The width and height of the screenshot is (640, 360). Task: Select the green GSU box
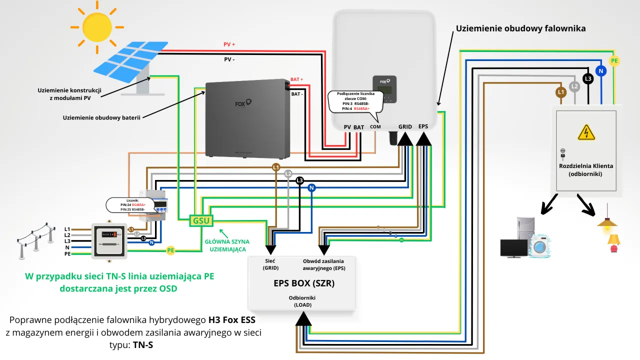click(200, 220)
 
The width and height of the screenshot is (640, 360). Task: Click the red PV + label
click(229, 44)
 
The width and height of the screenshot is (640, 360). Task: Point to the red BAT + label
click(297, 79)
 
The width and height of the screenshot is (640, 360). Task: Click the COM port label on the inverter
click(375, 127)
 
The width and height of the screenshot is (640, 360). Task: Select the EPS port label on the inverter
click(423, 126)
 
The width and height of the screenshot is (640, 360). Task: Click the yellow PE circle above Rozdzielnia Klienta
click(614, 61)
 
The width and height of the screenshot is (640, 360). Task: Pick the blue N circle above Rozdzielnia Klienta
click(601, 71)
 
